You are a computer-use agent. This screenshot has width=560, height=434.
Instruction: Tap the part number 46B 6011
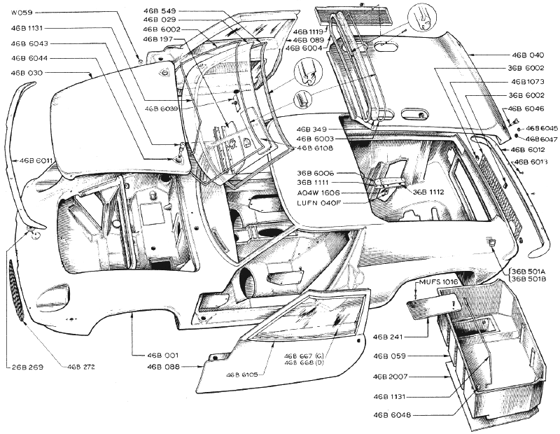pos(36,161)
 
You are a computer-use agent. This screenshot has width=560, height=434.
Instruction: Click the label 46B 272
pos(81,366)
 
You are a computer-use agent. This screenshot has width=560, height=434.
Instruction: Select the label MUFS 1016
pos(437,282)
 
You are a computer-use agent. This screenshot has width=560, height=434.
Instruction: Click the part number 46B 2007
pos(391,377)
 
